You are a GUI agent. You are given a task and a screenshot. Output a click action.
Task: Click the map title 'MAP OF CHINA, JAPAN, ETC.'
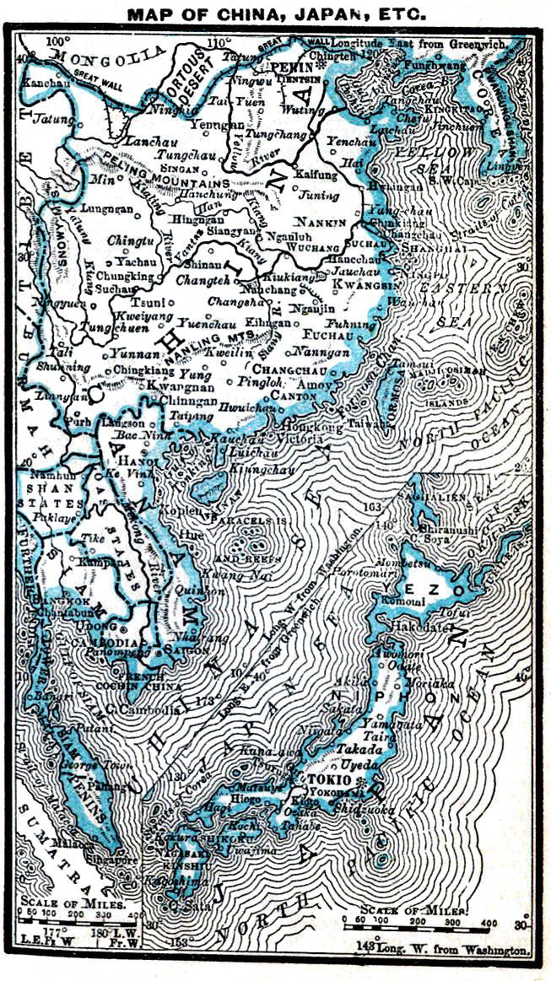point(276,14)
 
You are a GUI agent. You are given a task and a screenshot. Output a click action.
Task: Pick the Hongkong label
point(304,427)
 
